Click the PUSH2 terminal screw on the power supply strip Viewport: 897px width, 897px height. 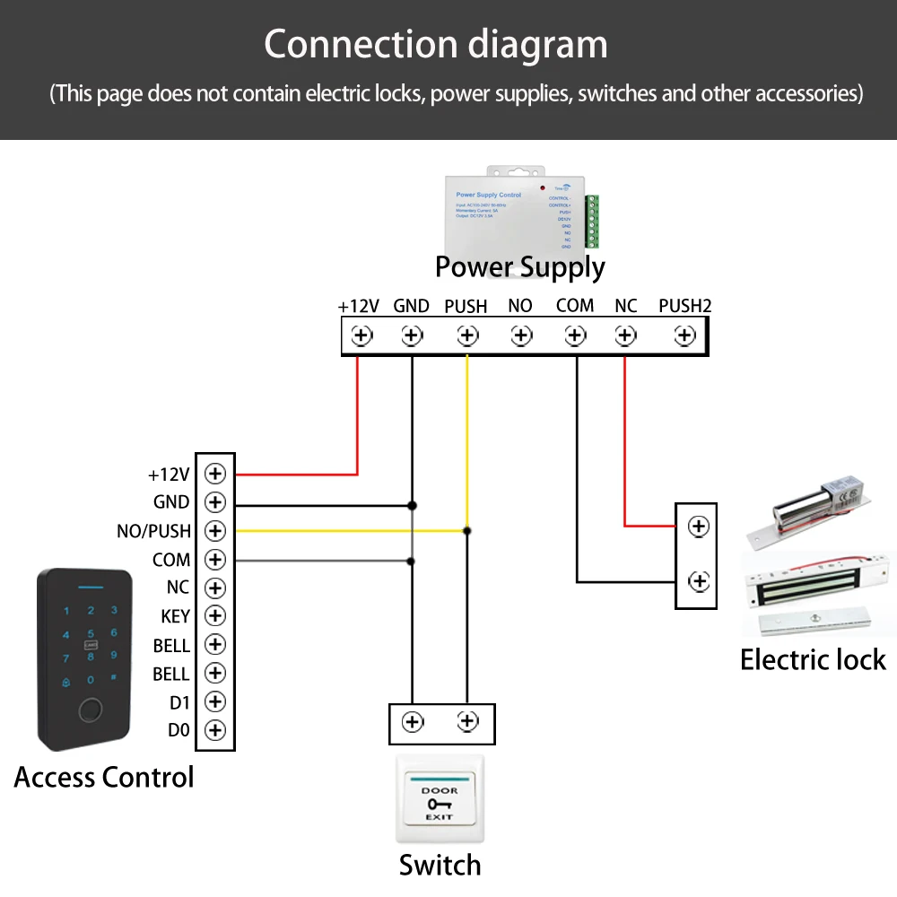pos(685,335)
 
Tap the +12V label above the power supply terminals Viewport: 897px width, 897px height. pos(359,307)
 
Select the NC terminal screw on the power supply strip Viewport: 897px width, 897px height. pos(625,335)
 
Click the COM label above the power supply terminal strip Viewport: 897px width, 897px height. pos(575,306)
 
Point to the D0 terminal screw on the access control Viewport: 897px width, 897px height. pos(215,730)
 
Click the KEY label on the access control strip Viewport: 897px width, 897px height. pos(175,616)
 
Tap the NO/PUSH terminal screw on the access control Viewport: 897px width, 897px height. pos(215,530)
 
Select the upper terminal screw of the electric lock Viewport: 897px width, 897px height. pos(698,526)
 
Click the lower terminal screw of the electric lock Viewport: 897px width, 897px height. pos(698,581)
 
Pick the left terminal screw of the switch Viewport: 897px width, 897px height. pos(412,722)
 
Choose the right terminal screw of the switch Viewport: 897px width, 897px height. pos(466,721)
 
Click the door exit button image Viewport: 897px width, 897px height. pos(440,798)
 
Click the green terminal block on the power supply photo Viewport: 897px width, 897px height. pos(591,222)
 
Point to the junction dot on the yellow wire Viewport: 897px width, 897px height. pos(466,531)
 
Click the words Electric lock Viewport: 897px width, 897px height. pos(813,660)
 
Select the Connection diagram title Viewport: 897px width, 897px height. pos(436,44)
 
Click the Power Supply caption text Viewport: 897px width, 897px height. pos(519,267)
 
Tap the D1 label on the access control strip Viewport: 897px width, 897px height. pos(179,702)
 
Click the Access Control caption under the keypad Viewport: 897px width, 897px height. pos(104,777)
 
